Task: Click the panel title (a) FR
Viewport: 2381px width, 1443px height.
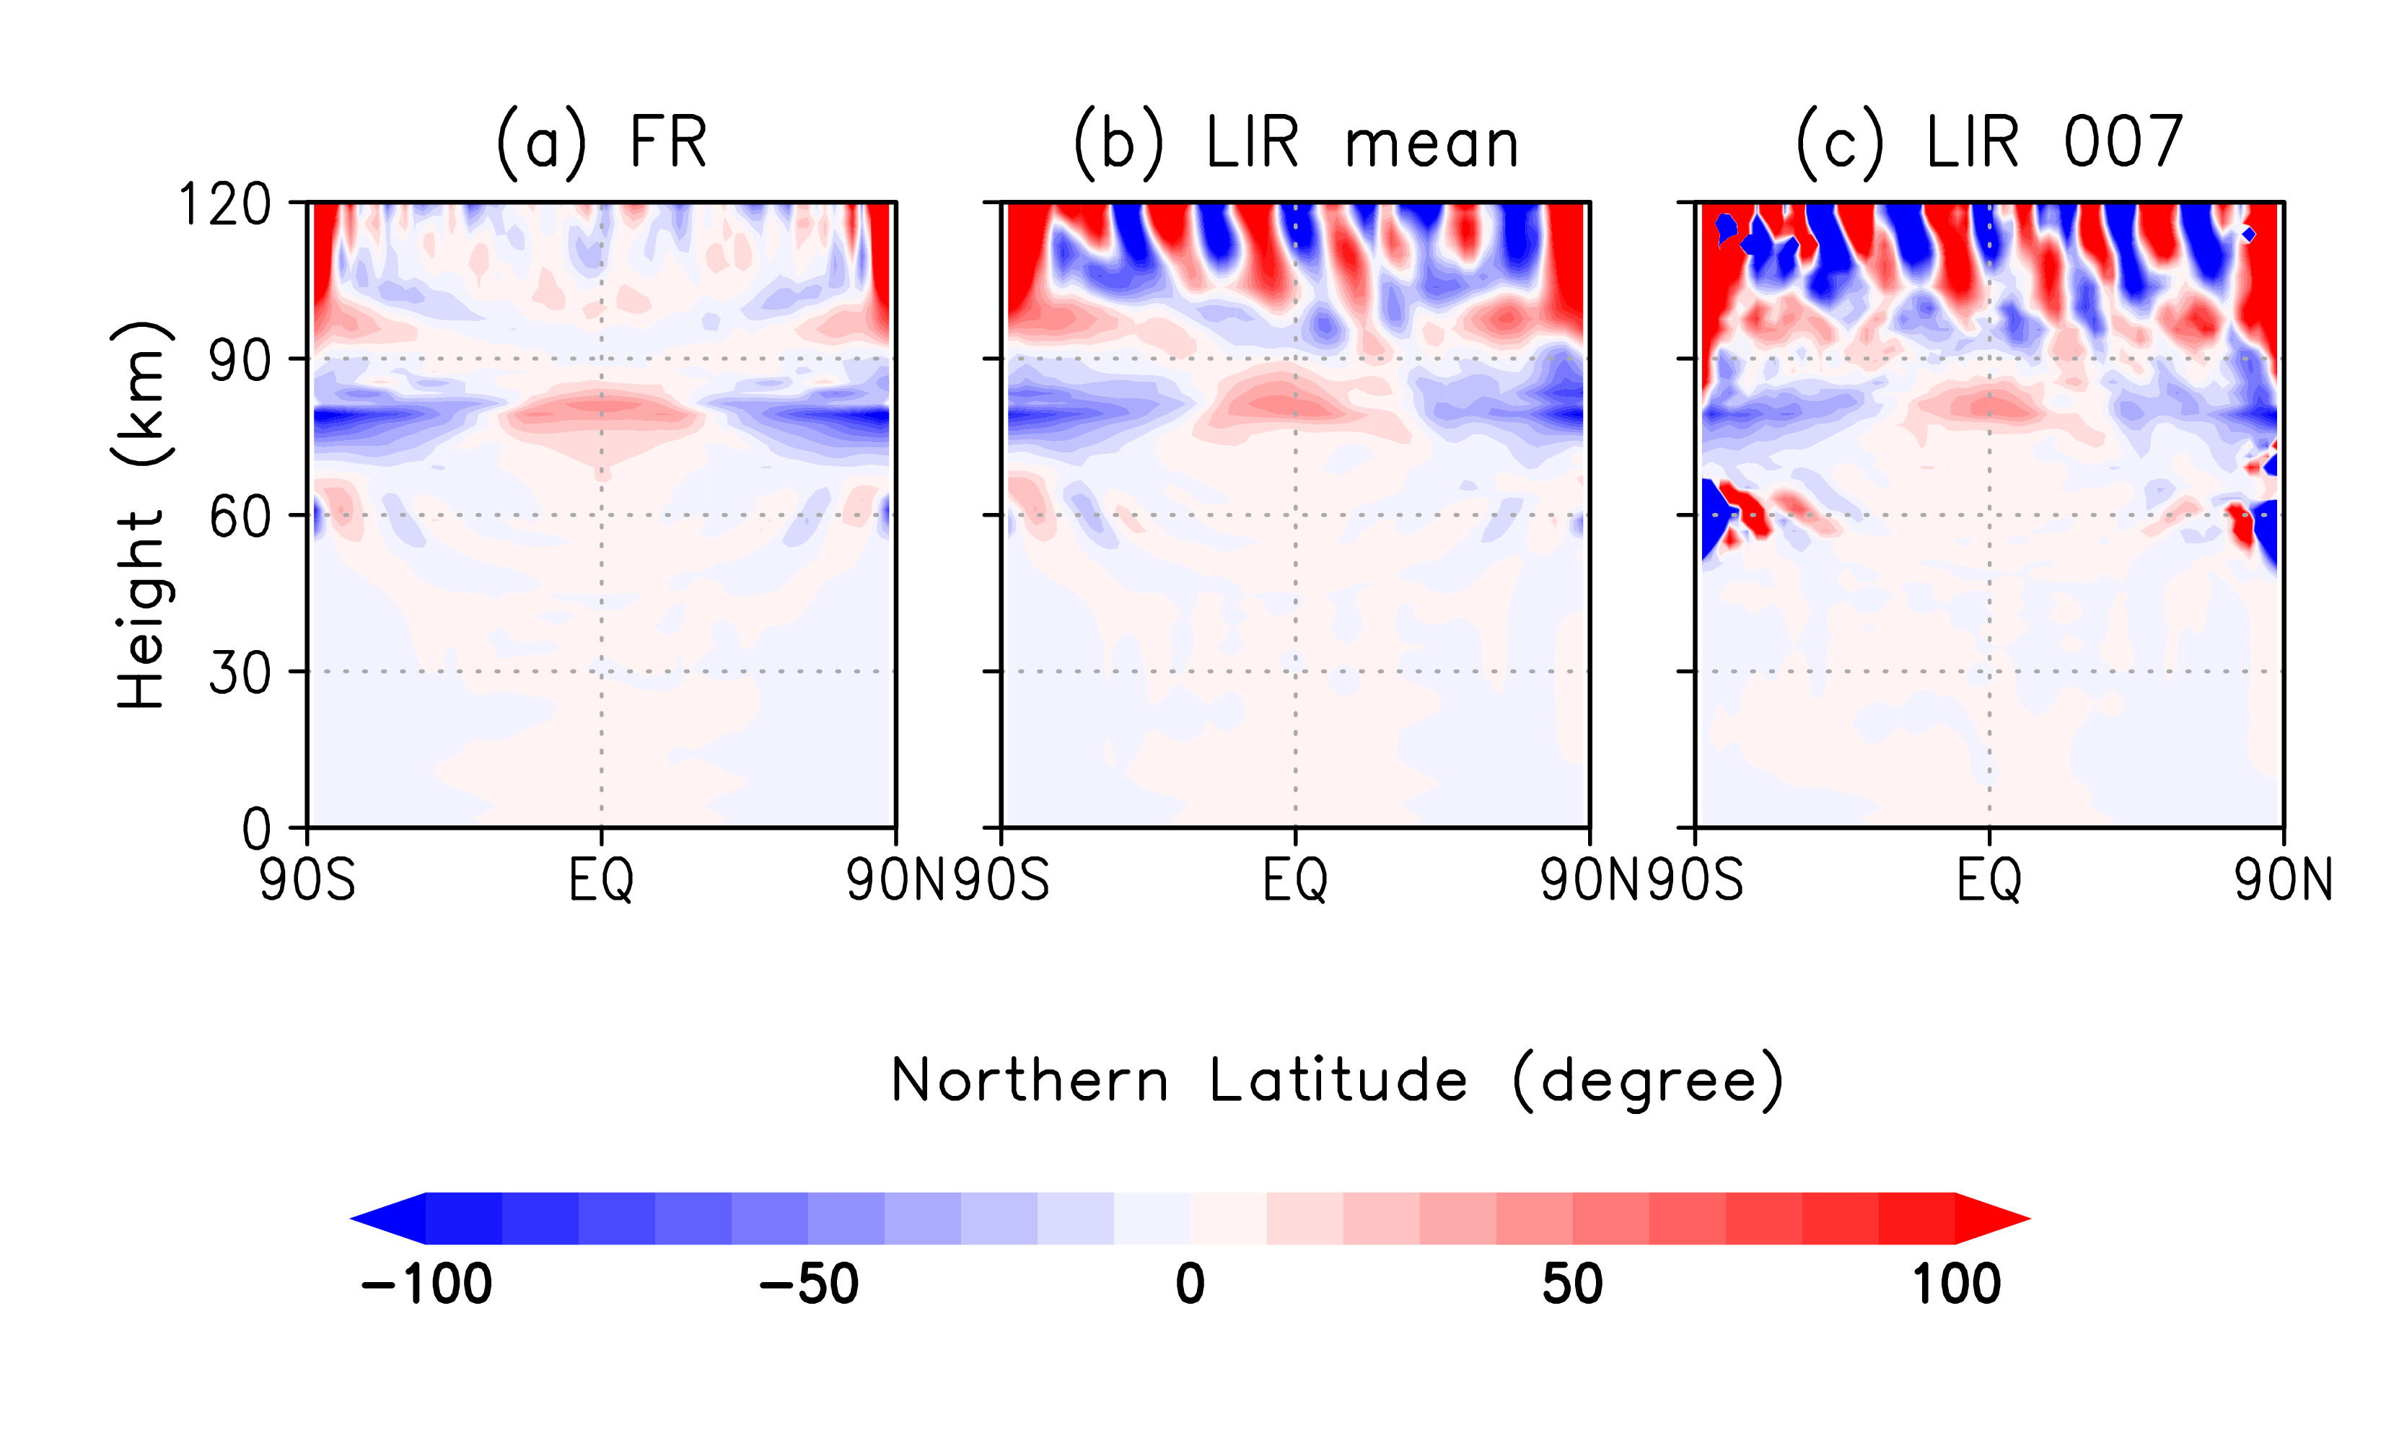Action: click(601, 143)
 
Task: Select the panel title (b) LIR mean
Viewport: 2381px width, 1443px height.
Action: click(1296, 143)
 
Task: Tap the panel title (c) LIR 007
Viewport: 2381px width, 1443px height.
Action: click(1988, 143)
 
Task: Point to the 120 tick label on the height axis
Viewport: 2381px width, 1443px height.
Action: click(224, 205)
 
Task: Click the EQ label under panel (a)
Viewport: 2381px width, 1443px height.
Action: click(601, 880)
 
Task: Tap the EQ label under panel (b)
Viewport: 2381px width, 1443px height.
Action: click(1296, 880)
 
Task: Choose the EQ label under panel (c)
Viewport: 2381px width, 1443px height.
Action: click(1988, 880)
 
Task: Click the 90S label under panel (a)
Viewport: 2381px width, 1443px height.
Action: click(307, 880)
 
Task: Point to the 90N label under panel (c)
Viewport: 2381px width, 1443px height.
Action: click(2282, 880)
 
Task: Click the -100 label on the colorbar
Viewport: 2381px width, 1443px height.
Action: click(426, 1284)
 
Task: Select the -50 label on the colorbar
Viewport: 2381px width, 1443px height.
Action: click(809, 1284)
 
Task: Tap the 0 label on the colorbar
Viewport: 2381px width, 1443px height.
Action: click(1190, 1284)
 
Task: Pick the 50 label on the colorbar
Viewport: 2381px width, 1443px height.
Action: click(1572, 1284)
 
